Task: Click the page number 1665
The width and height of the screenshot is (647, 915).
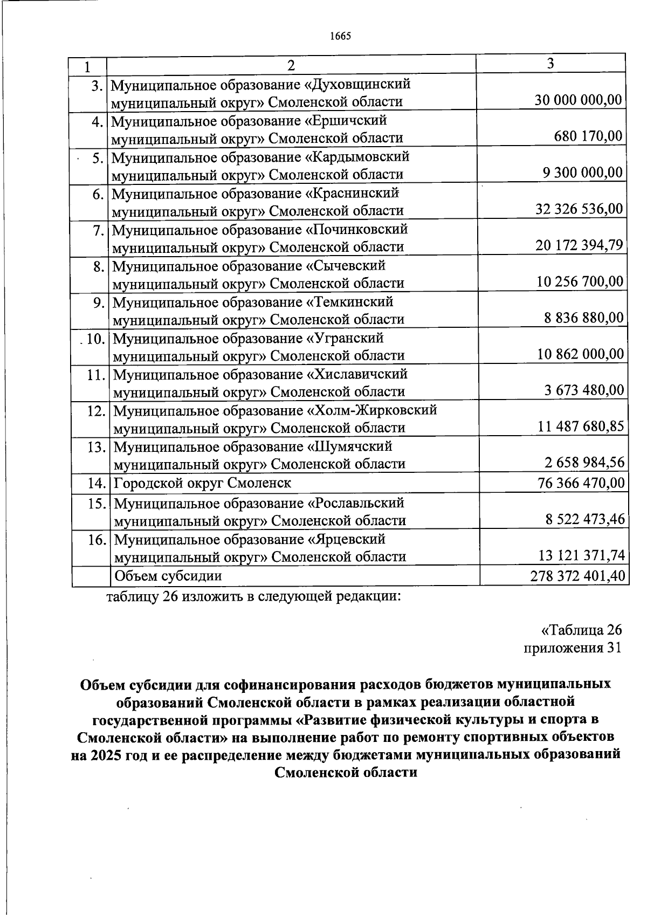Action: click(x=340, y=36)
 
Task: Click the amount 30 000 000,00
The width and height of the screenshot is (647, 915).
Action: click(x=578, y=100)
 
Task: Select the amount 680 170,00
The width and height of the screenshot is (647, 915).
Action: click(x=588, y=136)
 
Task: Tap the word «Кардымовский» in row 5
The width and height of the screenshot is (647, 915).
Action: click(x=358, y=157)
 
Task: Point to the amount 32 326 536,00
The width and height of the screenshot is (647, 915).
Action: click(x=579, y=209)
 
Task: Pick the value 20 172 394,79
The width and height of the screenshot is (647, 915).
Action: click(x=579, y=245)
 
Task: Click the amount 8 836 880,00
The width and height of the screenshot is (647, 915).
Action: click(x=583, y=318)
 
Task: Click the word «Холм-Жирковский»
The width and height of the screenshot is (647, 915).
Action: click(x=372, y=410)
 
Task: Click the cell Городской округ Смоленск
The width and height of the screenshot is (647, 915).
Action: click(x=203, y=483)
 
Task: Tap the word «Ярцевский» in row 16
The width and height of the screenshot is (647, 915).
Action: click(x=346, y=539)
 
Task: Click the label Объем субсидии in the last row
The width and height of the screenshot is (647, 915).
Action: click(x=168, y=576)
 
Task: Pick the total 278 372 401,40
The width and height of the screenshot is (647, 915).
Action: click(x=577, y=576)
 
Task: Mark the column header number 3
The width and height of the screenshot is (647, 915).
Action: click(x=550, y=64)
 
